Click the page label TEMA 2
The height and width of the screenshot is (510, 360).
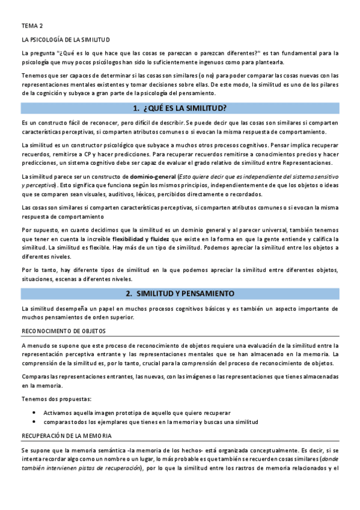pos(32,26)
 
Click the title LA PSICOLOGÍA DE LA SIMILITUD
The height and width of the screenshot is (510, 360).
pos(66,40)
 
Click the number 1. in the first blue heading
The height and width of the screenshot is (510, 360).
pos(136,108)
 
